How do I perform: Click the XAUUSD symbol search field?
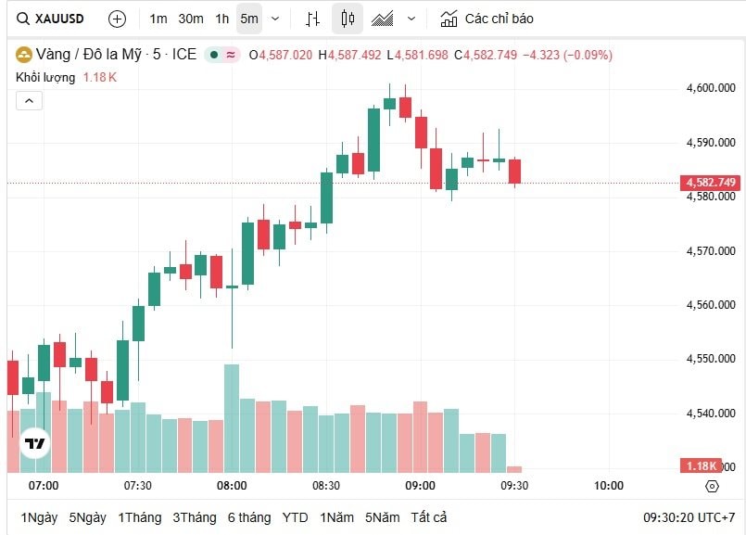point(55,19)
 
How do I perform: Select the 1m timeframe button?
point(158,19)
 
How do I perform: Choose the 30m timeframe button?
point(191,19)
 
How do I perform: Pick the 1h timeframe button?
point(222,19)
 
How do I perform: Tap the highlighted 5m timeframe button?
point(249,19)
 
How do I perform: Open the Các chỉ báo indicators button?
point(487,19)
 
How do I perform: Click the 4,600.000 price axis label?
point(711,88)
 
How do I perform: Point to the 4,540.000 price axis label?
point(711,413)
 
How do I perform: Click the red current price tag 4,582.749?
point(711,183)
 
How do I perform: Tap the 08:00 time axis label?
point(232,485)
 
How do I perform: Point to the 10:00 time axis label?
point(609,485)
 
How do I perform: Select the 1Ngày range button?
point(38,517)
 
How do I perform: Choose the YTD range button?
point(296,517)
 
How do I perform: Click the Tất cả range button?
point(429,517)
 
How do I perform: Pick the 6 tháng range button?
point(249,517)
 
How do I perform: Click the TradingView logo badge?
point(35,443)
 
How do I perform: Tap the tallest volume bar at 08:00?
point(232,417)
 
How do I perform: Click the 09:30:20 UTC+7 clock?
point(689,517)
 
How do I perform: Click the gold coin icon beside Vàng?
point(23,55)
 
